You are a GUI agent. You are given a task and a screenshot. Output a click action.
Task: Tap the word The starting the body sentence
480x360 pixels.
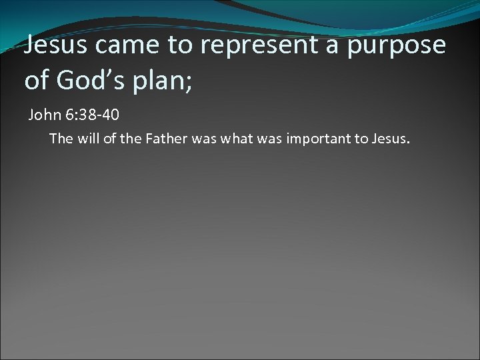tap(59, 139)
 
